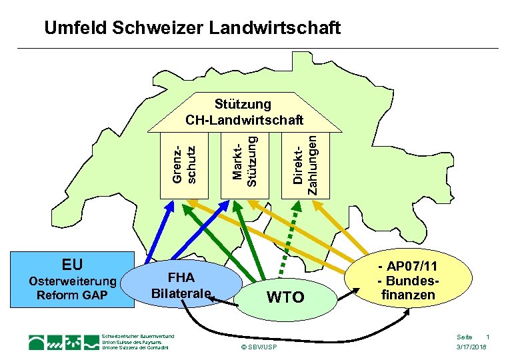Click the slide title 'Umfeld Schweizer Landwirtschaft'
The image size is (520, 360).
click(192, 28)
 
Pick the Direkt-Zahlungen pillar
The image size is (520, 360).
click(304, 164)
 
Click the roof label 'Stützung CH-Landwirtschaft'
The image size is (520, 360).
click(243, 112)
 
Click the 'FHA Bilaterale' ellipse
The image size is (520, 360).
click(181, 285)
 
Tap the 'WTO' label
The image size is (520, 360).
click(285, 297)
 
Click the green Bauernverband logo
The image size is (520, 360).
click(64, 342)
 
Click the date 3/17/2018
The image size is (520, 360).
click(471, 348)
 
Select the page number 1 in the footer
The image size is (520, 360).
click(488, 337)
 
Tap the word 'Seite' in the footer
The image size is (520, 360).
click(464, 337)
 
